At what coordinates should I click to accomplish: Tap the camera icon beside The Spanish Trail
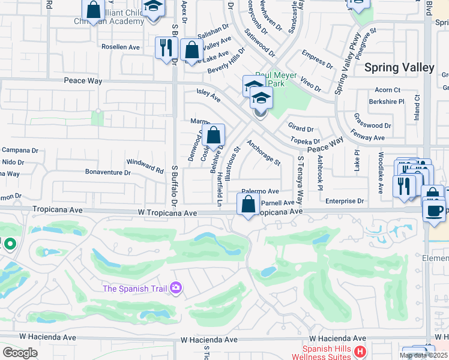point(175,289)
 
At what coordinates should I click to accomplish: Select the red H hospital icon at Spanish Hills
point(360,351)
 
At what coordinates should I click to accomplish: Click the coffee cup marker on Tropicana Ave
point(434,211)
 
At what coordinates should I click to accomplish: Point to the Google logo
point(20,353)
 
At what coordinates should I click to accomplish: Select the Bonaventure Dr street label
point(108,172)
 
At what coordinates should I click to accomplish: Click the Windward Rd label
point(145,166)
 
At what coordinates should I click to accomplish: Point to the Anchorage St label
point(264,153)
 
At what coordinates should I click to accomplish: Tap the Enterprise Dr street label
point(345,202)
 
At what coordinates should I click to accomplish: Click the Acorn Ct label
point(387,90)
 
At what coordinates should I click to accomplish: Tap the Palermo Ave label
point(260,191)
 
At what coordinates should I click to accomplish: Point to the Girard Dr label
point(301,128)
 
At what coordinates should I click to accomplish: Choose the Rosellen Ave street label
point(120,46)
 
